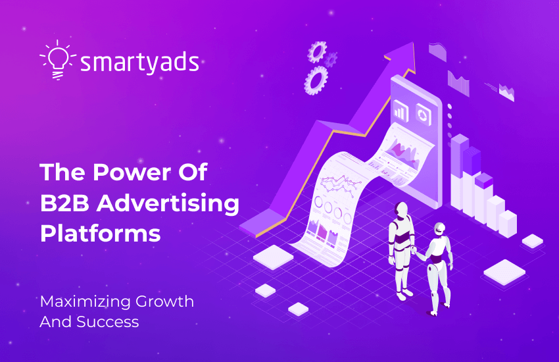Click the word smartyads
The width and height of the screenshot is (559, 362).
click(139, 63)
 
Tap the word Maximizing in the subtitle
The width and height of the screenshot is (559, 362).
click(85, 301)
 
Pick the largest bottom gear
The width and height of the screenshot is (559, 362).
click(316, 80)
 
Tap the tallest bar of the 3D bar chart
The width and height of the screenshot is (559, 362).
click(459, 165)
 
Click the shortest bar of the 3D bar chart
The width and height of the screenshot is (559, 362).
click(507, 222)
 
